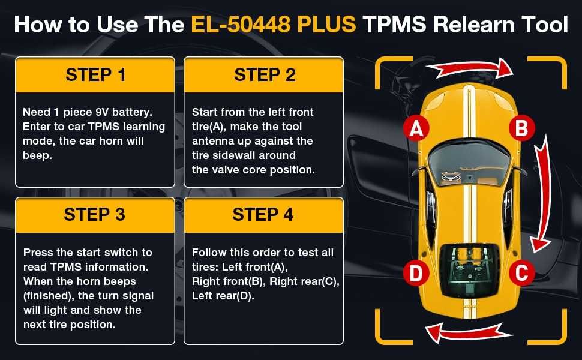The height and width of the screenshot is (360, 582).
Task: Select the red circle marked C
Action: click(521, 274)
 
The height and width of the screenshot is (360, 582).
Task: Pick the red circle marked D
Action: click(416, 274)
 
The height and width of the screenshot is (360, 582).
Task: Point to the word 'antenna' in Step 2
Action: click(211, 141)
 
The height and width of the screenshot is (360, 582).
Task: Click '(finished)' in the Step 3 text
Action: click(47, 296)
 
